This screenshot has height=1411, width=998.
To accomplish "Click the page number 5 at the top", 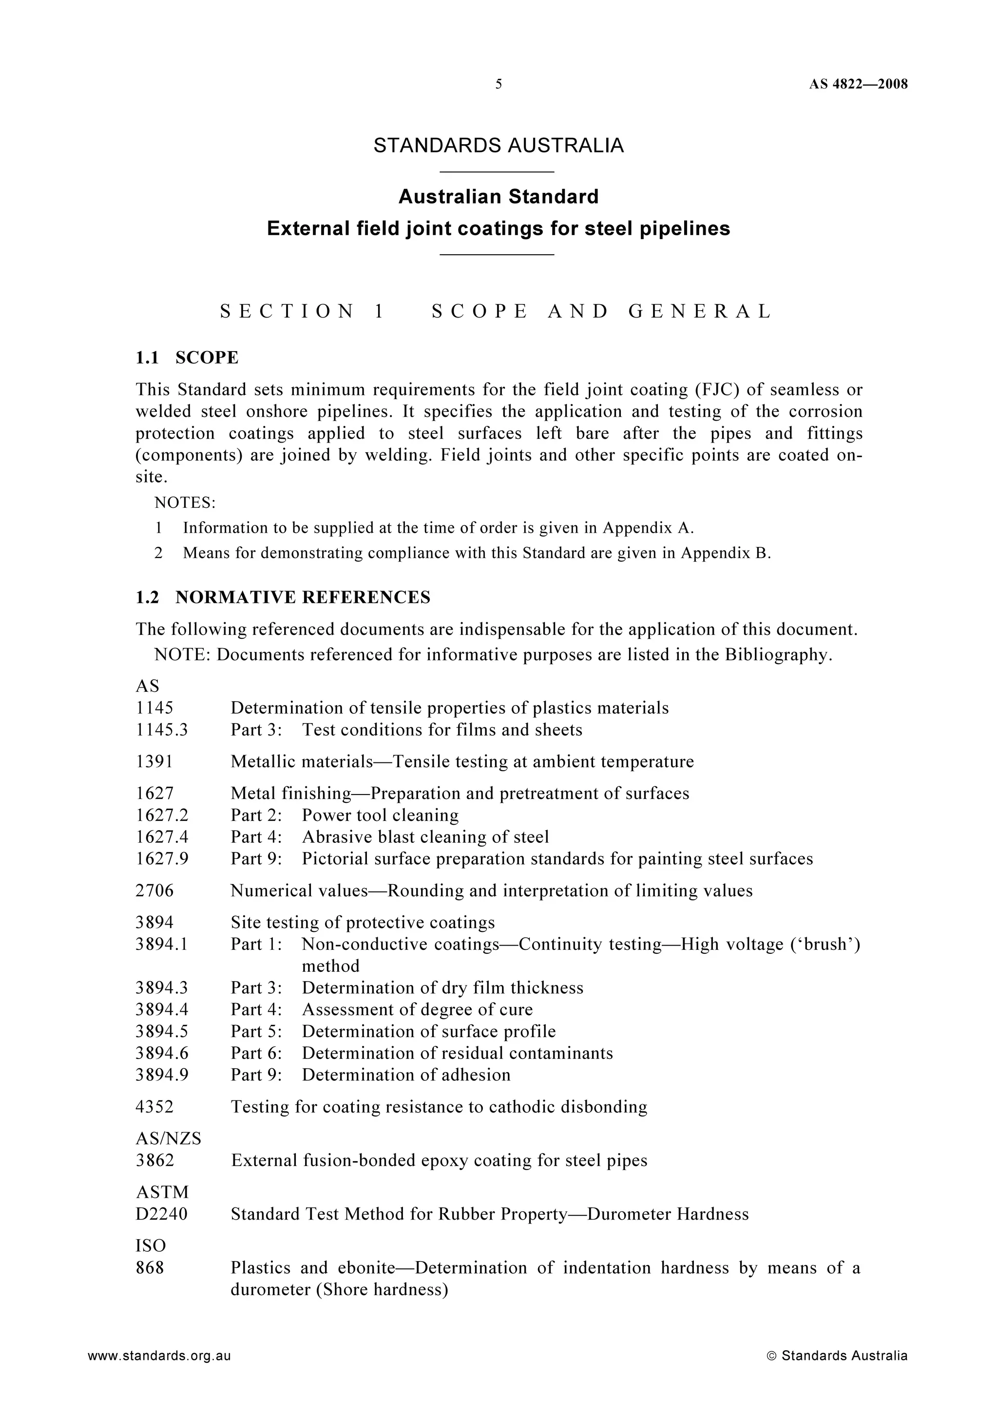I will (x=498, y=84).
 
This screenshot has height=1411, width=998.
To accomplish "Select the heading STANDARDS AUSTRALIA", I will (x=498, y=146).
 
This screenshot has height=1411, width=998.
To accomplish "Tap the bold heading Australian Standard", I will (x=498, y=197).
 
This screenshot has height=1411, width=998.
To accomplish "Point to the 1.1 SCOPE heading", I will (x=187, y=358).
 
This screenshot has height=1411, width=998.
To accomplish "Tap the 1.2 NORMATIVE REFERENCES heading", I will (x=283, y=597).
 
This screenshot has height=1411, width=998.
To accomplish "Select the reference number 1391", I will (x=154, y=762).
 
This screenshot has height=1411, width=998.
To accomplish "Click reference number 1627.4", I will (x=162, y=837).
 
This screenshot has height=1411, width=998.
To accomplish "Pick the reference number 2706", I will (x=154, y=891).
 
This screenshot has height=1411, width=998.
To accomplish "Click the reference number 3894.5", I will (x=162, y=1031).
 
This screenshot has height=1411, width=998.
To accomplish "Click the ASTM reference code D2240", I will (x=161, y=1214).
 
